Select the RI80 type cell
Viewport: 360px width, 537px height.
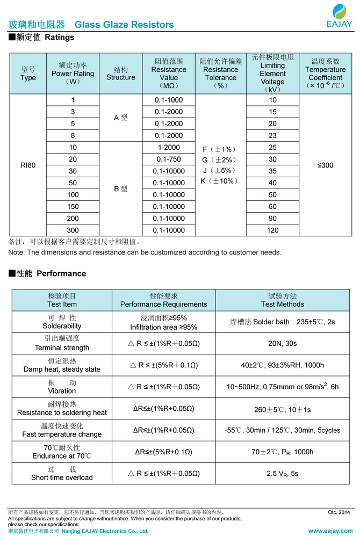click(28, 165)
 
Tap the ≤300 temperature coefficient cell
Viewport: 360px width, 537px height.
click(326, 165)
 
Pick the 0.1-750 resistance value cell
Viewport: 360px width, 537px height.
click(169, 159)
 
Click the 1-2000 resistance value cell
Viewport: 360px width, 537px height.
click(169, 148)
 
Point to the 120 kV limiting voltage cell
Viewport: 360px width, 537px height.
click(273, 230)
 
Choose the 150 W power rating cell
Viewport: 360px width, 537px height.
click(73, 207)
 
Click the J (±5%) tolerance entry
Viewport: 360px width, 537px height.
click(220, 171)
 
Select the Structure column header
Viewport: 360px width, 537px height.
click(121, 74)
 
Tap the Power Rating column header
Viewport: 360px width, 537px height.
click(73, 74)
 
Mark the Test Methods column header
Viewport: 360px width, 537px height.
click(283, 300)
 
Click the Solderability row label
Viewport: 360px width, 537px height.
click(62, 322)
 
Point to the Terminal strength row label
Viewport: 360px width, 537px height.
click(62, 343)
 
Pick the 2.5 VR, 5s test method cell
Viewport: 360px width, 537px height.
click(283, 474)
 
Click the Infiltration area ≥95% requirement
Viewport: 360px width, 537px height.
click(163, 327)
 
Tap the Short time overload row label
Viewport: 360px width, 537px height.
click(62, 474)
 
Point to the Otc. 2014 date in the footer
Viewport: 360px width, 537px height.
click(339, 512)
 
